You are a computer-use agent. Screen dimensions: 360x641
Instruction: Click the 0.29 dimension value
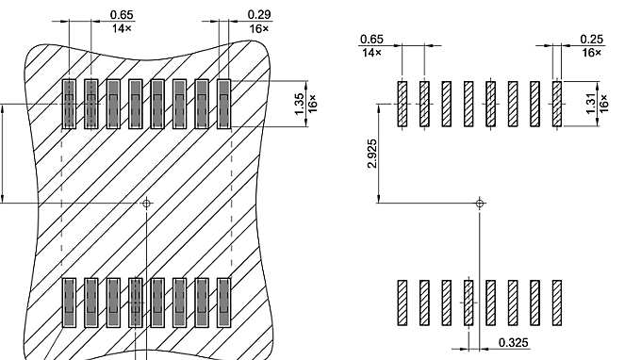coord(259,14)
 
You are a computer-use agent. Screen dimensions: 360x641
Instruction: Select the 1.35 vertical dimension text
coord(299,105)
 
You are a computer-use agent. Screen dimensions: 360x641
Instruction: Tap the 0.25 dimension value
coord(591,39)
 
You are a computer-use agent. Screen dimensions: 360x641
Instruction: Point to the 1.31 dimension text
coord(591,105)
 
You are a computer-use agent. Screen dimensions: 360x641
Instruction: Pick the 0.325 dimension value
coord(513,342)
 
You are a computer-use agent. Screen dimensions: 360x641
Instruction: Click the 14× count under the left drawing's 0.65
coord(122,28)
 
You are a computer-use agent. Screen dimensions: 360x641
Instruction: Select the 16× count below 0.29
coord(259,28)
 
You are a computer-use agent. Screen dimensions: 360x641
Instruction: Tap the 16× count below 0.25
coord(591,52)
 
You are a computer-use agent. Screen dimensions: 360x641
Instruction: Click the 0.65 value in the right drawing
coord(371,39)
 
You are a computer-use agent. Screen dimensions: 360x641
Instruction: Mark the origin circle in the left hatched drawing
coord(146,203)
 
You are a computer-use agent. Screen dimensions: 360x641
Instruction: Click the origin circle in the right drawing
coord(479,203)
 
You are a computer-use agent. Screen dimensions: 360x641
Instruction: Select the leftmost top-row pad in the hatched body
coord(68,104)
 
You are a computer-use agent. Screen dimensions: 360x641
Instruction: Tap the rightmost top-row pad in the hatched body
coord(224,104)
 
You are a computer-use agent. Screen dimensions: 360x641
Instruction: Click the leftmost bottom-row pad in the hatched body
coord(68,302)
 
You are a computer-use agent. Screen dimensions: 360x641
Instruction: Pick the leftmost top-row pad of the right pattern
coord(403,103)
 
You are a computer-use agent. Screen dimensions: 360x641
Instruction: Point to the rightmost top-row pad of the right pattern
coord(557,103)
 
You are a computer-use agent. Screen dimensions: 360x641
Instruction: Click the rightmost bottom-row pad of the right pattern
coord(557,302)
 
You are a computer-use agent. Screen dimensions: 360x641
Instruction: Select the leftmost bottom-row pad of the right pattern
coord(403,302)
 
